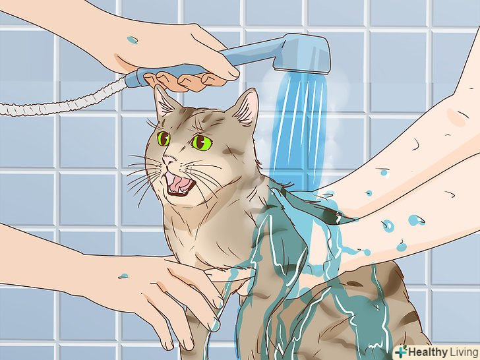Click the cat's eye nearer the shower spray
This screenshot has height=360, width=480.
[x=202, y=142]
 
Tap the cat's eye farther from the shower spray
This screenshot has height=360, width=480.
[x=163, y=138]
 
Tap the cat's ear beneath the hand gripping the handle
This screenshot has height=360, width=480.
[x=164, y=103]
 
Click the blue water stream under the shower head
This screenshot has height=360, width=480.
[x=299, y=129]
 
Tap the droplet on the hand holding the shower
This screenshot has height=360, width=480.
[x=133, y=40]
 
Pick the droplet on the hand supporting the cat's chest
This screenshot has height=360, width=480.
[x=123, y=276]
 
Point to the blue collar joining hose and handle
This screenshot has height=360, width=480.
[x=134, y=78]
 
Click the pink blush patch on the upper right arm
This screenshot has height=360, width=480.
[x=456, y=117]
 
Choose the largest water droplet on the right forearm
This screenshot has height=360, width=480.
[x=416, y=220]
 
